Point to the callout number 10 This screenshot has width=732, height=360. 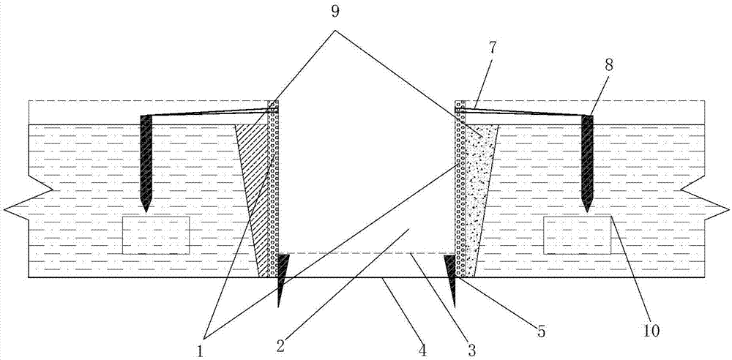651,331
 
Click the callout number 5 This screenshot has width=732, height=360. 541,331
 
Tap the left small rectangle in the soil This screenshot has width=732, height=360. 156,235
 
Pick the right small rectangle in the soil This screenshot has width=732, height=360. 578,235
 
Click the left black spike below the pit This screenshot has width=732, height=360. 281,278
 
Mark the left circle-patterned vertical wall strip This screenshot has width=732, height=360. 273,189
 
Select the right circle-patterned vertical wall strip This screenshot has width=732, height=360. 460,189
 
